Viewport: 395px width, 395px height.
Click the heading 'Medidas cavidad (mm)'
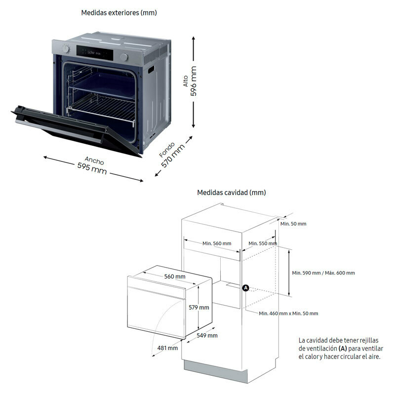tap(232, 193)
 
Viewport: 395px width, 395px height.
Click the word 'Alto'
tap(185, 80)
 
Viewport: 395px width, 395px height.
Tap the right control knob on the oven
tap(124, 57)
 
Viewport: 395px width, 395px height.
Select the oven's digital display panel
tap(96, 52)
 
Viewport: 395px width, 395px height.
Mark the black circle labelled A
tap(245, 288)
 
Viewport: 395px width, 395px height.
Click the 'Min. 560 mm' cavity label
tap(217, 243)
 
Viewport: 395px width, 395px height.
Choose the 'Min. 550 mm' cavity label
tap(263, 243)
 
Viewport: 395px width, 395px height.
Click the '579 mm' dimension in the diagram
tap(199, 307)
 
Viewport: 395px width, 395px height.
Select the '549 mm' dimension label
tap(207, 336)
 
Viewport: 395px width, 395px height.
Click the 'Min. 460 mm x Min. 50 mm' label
tap(289, 313)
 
